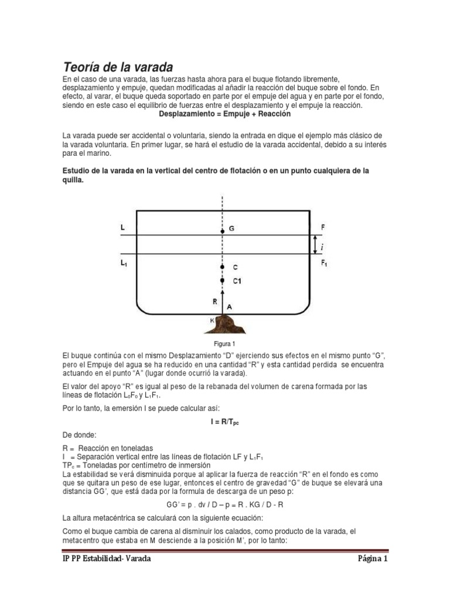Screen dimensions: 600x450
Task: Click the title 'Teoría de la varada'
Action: [118, 66]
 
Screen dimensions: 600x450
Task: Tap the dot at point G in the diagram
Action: [222, 229]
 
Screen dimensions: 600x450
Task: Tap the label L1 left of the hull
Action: [124, 264]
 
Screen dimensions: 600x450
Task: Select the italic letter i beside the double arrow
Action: [322, 248]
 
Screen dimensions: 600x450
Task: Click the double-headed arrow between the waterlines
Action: [315, 244]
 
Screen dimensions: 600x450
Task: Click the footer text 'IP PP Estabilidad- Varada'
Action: [107, 559]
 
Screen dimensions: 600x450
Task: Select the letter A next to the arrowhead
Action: [230, 305]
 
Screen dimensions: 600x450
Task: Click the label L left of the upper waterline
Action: [122, 226]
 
